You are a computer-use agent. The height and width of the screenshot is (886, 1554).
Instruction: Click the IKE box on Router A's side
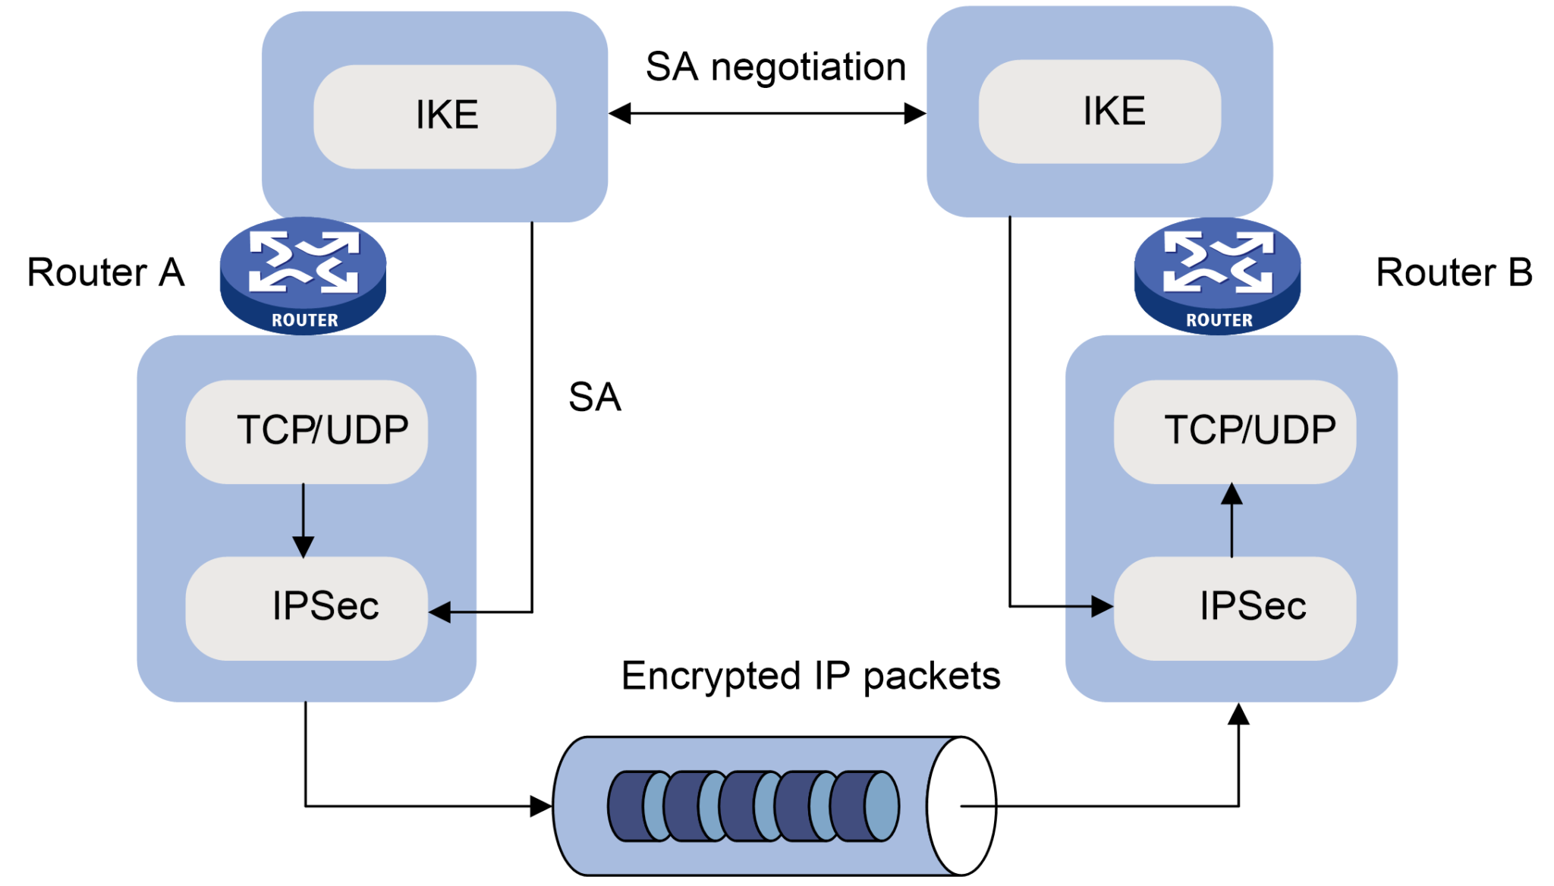point(435,116)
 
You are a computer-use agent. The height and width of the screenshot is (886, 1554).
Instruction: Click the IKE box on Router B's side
point(1099,112)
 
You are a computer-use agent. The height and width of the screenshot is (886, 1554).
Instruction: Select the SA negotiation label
point(775,67)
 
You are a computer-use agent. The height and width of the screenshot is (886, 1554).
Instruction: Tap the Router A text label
point(105,272)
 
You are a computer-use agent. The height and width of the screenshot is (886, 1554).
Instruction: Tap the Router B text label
point(1454,272)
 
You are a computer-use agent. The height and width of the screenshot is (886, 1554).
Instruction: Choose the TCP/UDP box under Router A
point(307,431)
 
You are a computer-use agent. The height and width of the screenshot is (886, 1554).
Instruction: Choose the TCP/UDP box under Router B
point(1235,431)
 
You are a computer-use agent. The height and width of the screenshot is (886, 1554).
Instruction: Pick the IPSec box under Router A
point(307,608)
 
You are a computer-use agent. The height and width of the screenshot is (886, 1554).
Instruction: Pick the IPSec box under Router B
point(1235,608)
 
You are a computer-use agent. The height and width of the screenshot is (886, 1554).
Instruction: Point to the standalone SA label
point(595,397)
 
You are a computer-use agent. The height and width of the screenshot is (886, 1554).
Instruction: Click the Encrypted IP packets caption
point(810,675)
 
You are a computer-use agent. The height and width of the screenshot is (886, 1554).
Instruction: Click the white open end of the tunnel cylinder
point(961,806)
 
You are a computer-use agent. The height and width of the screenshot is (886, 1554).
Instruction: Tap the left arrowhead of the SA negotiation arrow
point(620,114)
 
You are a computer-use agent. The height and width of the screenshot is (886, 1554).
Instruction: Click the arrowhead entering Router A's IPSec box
point(440,611)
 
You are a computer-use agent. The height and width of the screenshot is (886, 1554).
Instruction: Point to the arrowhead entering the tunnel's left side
point(541,806)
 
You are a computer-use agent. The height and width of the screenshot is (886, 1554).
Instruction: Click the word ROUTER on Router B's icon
point(1219,320)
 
